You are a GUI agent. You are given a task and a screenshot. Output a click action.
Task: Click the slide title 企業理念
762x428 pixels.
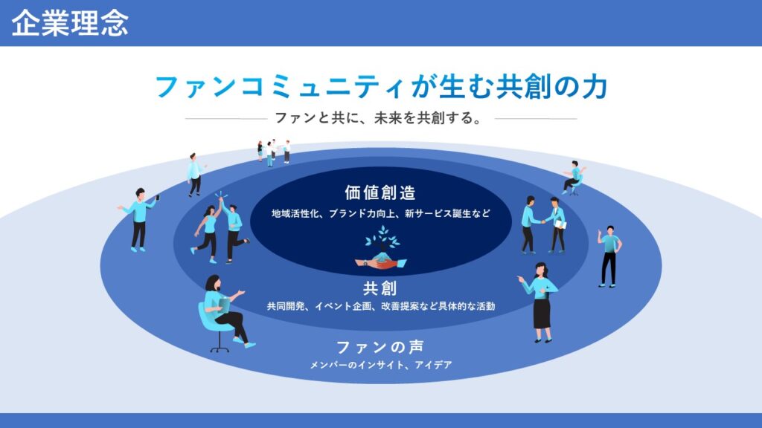click(x=70, y=23)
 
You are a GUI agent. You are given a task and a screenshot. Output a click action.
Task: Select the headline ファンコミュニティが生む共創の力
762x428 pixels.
click(x=381, y=87)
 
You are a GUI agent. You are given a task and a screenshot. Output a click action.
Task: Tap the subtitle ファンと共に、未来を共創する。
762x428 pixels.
click(x=379, y=118)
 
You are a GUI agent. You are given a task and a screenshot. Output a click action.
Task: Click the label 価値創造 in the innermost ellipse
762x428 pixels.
click(x=380, y=192)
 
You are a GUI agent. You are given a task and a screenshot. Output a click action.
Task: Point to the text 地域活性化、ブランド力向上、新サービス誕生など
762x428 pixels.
click(x=381, y=213)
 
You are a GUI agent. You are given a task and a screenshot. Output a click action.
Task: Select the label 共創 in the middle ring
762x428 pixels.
click(x=380, y=288)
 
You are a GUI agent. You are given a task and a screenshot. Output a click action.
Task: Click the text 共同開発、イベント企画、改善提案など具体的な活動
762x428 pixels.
click(x=381, y=306)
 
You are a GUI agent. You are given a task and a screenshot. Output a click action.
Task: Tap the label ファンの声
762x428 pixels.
click(x=380, y=347)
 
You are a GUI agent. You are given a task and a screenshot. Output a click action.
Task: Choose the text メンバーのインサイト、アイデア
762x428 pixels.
click(x=381, y=364)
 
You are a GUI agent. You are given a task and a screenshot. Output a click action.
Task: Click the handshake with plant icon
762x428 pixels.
click(x=381, y=248)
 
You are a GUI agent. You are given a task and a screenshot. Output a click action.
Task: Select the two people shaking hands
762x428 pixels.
click(x=543, y=224)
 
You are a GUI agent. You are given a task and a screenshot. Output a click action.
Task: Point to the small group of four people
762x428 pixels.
click(x=274, y=152)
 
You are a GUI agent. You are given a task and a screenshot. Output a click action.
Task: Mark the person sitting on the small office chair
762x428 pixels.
click(x=574, y=178)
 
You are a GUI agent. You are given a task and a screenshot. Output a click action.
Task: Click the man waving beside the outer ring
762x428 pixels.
click(x=609, y=256)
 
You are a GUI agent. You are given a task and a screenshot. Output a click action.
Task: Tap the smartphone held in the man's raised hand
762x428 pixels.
click(x=158, y=198)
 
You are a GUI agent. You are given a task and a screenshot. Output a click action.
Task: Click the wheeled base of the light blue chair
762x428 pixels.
click(x=220, y=346)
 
